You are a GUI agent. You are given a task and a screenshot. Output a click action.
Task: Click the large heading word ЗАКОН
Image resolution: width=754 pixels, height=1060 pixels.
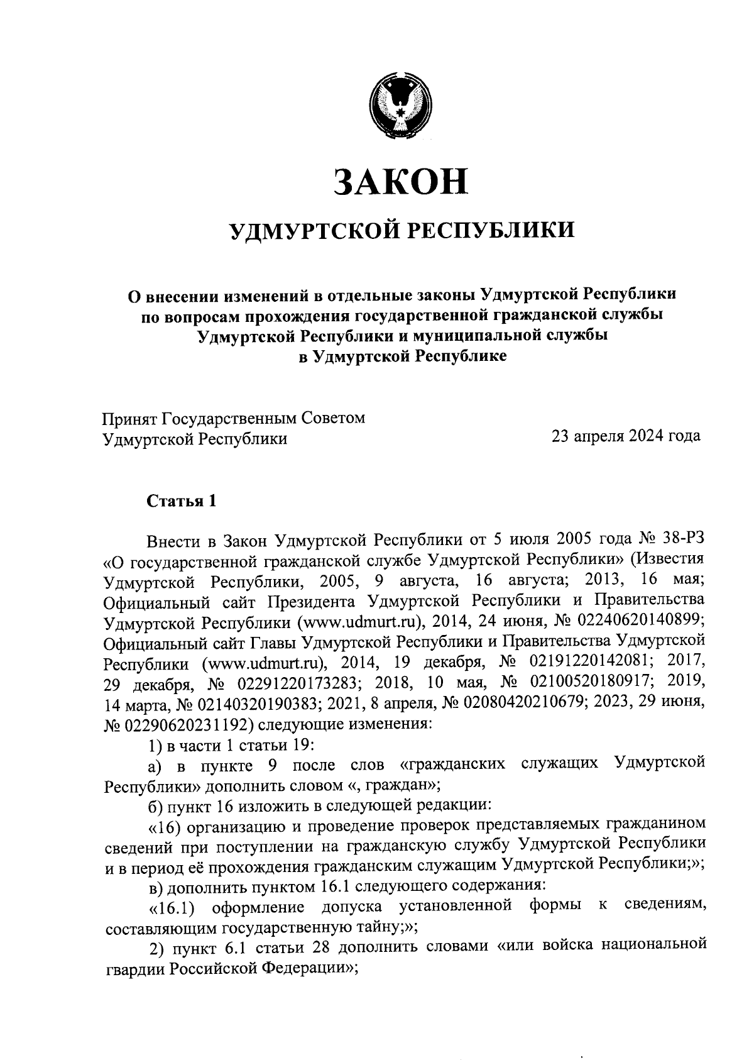(x=402, y=180)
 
